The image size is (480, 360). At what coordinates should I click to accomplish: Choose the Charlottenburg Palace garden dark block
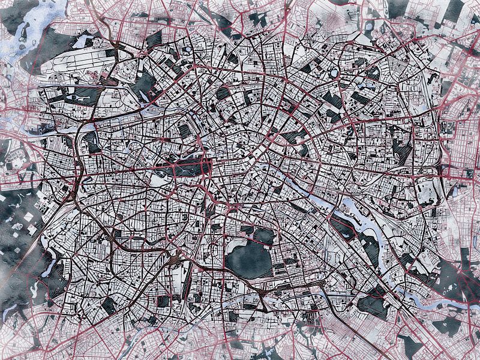[94, 142]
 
